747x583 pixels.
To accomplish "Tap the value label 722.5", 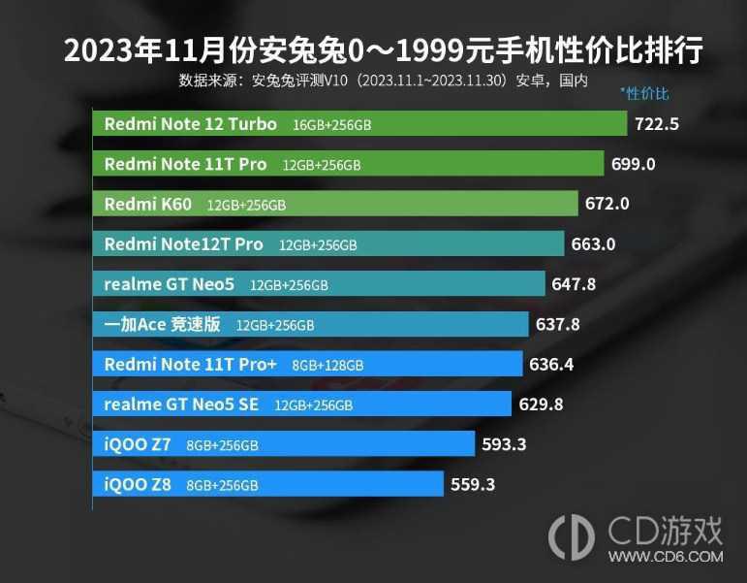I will click(657, 124).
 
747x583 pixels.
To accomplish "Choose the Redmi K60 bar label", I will click(148, 205).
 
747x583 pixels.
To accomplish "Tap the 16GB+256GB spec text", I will click(331, 125).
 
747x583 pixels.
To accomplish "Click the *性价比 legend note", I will click(644, 94).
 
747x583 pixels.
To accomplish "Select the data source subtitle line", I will click(383, 81).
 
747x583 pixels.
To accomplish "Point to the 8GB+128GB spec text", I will click(327, 366).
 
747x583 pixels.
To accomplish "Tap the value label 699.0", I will click(634, 165).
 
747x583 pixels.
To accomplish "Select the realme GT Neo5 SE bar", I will click(301, 405).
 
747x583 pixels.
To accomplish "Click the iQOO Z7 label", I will click(138, 444).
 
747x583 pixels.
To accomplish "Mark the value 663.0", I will click(593, 244).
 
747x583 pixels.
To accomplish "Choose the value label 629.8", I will click(541, 405).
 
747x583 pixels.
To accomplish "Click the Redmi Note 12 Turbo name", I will click(190, 124).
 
